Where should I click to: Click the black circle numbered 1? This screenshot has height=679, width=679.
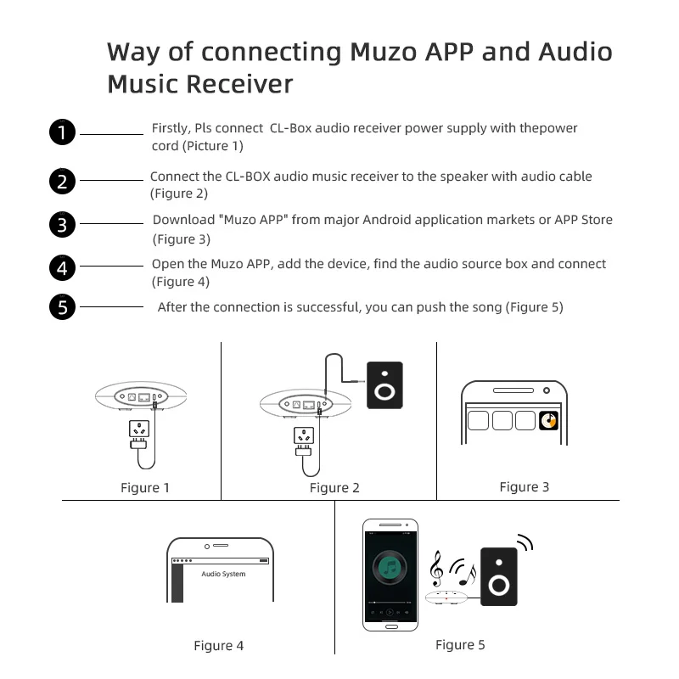tap(62, 132)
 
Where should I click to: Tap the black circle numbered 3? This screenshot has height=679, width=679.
tap(62, 225)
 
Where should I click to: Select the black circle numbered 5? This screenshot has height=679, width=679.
tap(62, 306)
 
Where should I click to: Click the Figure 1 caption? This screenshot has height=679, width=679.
tap(144, 487)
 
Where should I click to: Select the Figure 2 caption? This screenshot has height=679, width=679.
tap(334, 487)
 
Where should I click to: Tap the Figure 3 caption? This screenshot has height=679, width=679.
tap(524, 486)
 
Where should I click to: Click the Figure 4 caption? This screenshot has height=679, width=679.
tap(218, 646)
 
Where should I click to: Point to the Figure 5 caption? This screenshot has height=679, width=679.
tap(460, 645)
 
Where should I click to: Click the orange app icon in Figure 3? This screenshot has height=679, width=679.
tap(549, 419)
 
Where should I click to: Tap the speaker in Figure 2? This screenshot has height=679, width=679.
tap(384, 386)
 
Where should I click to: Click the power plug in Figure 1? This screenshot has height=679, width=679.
tap(137, 432)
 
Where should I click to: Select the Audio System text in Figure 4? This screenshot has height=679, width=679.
tap(223, 575)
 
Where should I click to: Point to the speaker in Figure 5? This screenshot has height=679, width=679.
tap(498, 576)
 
